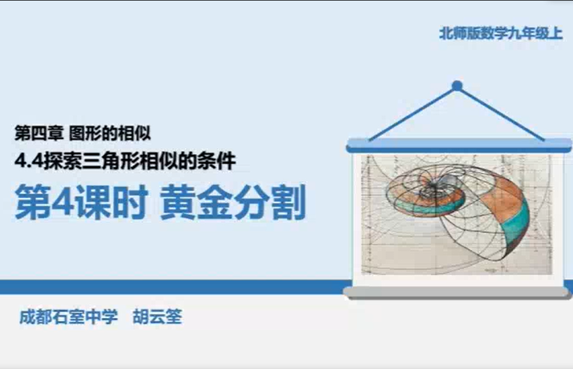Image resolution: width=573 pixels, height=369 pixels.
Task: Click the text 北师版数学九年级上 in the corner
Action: pyautogui.click(x=500, y=33)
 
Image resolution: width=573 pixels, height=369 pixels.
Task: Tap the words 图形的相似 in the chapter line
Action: pyautogui.click(x=110, y=134)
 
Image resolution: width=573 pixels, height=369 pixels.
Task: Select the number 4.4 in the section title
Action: pyautogui.click(x=29, y=162)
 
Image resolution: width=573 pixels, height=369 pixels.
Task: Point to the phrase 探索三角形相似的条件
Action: pyautogui.click(x=140, y=162)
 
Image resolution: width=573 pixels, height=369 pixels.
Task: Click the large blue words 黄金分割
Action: pyautogui.click(x=233, y=202)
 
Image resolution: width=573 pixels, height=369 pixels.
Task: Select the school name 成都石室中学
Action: pyautogui.click(x=69, y=317)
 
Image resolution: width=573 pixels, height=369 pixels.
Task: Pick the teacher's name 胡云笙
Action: pyautogui.click(x=157, y=317)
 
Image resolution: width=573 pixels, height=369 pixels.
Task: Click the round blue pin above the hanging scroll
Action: pyautogui.click(x=457, y=86)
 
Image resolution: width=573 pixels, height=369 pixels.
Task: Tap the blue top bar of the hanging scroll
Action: pyautogui.click(x=458, y=145)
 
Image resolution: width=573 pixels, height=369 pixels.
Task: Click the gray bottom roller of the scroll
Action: pyautogui.click(x=457, y=292)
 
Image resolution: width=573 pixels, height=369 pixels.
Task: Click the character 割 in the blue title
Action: pyautogui.click(x=289, y=202)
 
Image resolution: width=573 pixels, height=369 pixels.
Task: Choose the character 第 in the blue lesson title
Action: pyautogui.click(x=32, y=202)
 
